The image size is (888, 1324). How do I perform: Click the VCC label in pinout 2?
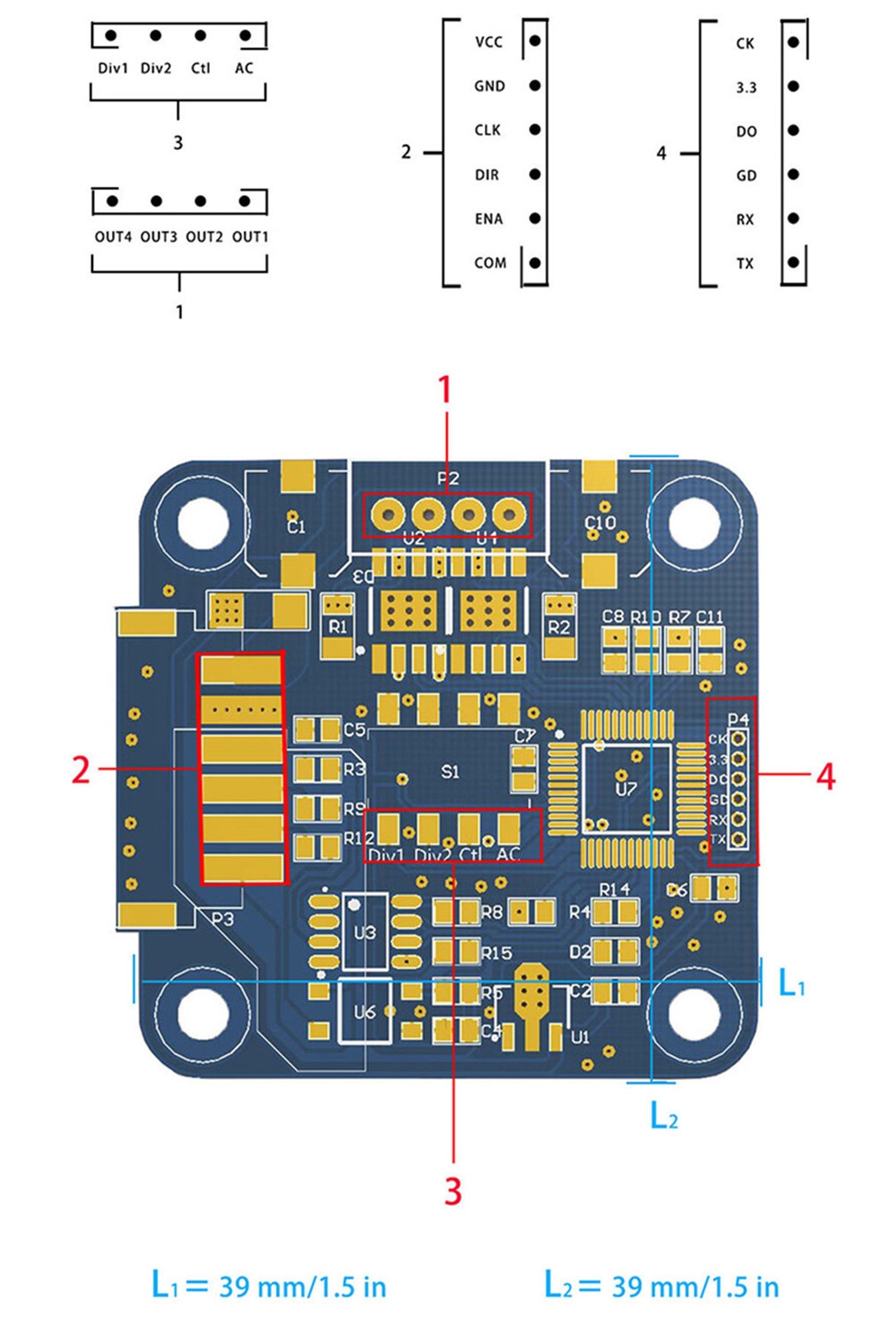point(488,42)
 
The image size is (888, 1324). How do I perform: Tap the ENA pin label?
point(488,218)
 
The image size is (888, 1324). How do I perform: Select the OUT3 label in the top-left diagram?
point(159,237)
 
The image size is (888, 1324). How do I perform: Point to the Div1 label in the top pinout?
point(113,68)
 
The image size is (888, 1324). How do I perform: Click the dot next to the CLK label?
point(535,130)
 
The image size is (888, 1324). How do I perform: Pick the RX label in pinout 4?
point(745,219)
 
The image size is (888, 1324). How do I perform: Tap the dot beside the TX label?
point(793,262)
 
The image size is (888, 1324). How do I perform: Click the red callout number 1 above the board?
point(445,390)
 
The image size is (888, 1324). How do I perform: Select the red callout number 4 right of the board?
point(825,777)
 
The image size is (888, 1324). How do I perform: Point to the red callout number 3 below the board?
point(453,1191)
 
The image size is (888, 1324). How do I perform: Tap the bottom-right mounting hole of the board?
point(694,1012)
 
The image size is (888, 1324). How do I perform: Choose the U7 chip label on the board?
point(626,788)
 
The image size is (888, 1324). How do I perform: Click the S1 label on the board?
point(450,772)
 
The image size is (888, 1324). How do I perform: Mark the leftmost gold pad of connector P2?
point(388,514)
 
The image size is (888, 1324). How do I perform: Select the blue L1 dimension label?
point(791,983)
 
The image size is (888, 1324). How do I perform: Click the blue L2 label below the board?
point(664,1115)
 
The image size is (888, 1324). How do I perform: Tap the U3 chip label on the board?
point(364,933)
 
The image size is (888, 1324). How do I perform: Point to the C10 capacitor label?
point(600,523)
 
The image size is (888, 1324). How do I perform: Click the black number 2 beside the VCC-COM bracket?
point(406,152)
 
